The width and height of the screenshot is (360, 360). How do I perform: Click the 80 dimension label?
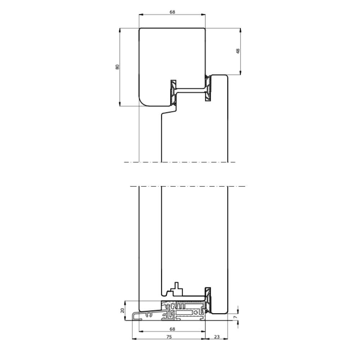pos(117,67)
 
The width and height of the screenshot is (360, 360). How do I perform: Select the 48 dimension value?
pos(238,51)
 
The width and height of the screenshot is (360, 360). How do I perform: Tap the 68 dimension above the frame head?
pos(172,12)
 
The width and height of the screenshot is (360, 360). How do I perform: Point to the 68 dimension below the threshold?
pos(172,329)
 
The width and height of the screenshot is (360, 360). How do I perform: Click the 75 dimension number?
pos(169,337)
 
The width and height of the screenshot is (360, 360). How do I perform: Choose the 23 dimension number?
pos(216,337)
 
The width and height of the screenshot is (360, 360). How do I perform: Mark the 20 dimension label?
pos(122,310)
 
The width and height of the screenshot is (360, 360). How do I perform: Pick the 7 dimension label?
pos(235,317)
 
